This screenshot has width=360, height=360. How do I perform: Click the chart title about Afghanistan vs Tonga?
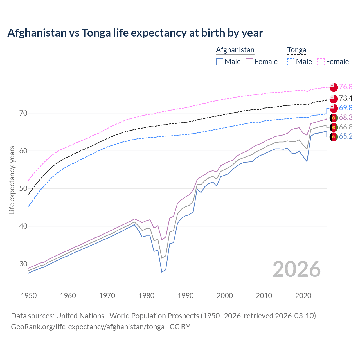[x=135, y=33]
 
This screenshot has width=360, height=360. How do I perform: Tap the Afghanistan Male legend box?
[x=220, y=62]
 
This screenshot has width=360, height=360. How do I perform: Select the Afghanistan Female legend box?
[x=250, y=62]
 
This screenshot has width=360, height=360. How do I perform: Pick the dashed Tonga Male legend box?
[x=291, y=62]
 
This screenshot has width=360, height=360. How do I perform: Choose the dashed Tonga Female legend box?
[x=321, y=62]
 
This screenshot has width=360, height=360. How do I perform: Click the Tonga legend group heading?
[x=296, y=50]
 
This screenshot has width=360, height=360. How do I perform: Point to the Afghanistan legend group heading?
[x=235, y=50]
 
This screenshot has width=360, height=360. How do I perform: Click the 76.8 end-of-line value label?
[x=346, y=87]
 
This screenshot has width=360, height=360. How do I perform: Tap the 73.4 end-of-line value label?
[x=346, y=98]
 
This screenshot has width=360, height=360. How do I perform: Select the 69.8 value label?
[x=346, y=108]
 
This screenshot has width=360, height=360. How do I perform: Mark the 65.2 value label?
[x=346, y=136]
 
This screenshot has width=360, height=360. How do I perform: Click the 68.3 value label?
[x=346, y=118]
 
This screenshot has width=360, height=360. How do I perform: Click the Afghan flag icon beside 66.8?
[x=334, y=127]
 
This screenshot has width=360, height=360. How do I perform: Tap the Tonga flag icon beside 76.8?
[x=334, y=87]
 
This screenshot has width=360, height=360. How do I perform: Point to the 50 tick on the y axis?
[x=23, y=188]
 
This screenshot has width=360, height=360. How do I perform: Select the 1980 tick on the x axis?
[x=146, y=296]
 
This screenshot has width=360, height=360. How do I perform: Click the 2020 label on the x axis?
[x=303, y=296]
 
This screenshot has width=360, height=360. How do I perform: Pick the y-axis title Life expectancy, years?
[x=12, y=180]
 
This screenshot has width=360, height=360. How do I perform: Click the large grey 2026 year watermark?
[x=297, y=269]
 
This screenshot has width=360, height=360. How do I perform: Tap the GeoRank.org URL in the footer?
[x=88, y=327]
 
